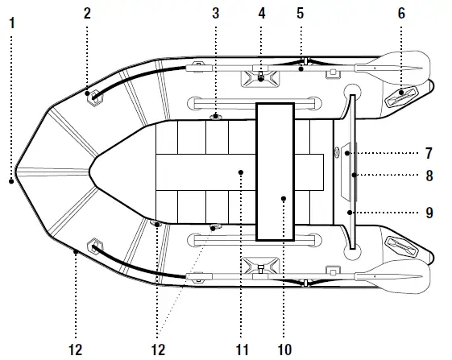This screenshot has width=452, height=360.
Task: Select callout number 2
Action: (x=87, y=13)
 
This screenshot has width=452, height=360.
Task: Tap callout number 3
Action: (x=215, y=13)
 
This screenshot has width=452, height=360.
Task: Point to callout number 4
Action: (x=262, y=13)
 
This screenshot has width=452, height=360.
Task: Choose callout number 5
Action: (x=300, y=13)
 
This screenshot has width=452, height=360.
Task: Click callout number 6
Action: (x=401, y=13)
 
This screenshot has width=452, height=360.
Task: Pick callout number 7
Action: (x=429, y=152)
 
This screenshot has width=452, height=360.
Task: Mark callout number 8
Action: (x=429, y=173)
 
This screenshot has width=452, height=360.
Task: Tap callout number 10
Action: (x=283, y=349)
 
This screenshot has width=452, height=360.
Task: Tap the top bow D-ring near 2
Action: (x=95, y=97)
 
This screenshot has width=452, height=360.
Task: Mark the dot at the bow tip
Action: (x=12, y=182)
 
